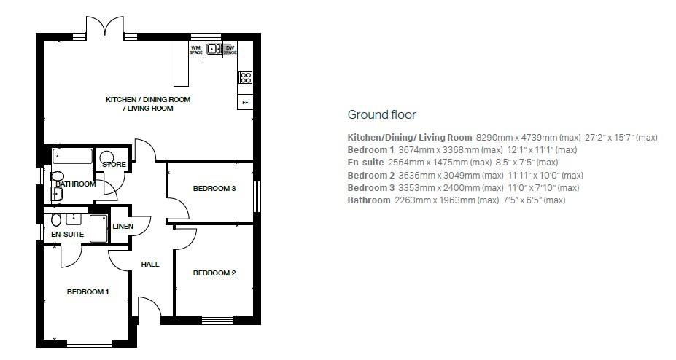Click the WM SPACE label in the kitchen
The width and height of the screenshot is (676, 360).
[195, 50]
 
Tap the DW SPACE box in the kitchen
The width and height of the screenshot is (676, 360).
[230, 50]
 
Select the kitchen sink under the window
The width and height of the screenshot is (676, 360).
[214, 50]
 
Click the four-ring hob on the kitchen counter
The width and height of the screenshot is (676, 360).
[245, 77]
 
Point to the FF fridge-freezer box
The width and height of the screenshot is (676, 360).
[245, 103]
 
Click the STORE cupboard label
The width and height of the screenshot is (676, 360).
[114, 165]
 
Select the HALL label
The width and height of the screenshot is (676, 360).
[150, 264]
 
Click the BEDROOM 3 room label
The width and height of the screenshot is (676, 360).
[214, 189]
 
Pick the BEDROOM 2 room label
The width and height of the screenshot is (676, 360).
[214, 273]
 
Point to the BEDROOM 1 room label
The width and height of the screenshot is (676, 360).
[88, 292]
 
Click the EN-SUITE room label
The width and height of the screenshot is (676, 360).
[67, 235]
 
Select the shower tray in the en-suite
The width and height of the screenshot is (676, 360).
[98, 227]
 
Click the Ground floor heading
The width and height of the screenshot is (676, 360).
[381, 114]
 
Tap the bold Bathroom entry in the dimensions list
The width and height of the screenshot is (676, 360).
[368, 200]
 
